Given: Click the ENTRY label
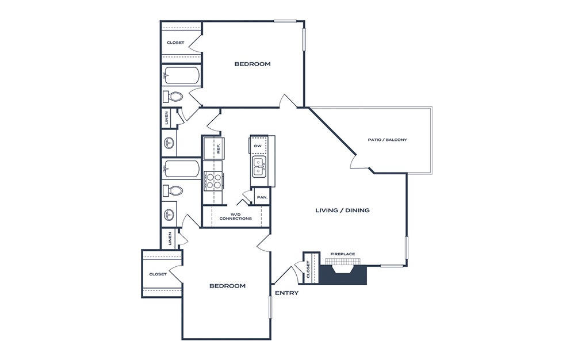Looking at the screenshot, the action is point(286,293).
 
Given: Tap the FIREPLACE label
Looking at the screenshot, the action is point(343,254).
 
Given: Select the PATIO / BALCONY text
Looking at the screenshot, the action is point(387,140).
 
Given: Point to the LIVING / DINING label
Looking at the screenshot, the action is point(342,210).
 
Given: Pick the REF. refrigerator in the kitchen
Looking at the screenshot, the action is point(214,148).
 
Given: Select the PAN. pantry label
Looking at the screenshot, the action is point(262,197).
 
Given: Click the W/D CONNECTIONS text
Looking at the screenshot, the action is point(235,217).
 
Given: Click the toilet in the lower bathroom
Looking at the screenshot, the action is point(173,191).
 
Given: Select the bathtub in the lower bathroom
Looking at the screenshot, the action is point(181,169).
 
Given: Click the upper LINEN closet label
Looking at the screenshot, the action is point(167,118).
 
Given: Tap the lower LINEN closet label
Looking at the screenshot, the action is point(170,239).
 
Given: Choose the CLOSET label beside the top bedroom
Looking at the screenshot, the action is point(175,43).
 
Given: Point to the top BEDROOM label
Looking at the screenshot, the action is point(252,64).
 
